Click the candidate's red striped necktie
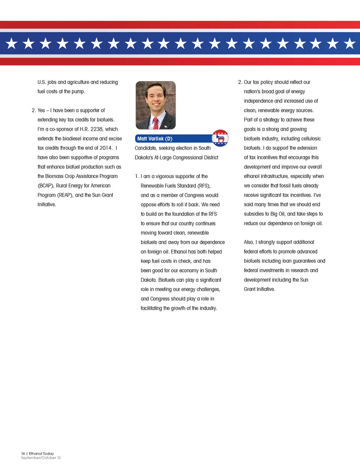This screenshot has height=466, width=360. point(155,123)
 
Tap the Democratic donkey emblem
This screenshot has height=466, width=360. point(220,138)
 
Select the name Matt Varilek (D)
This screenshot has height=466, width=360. point(155,139)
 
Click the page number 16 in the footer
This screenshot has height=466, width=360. point(23,454)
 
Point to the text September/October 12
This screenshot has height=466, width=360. point(41,458)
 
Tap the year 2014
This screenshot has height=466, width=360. point(106,148)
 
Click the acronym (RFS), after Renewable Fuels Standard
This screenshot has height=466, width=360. point(204,186)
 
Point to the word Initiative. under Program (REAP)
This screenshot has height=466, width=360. point(46,204)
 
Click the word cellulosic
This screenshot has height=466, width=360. point(309,139)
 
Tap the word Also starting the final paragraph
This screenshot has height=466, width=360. point(249,242)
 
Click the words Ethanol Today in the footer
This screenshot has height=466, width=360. point(41,454)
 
